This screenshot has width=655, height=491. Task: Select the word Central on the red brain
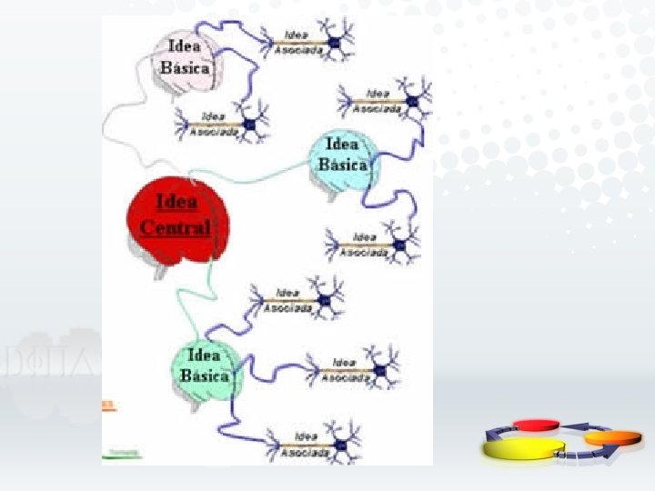[176, 227]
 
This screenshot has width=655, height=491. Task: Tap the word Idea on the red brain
[176, 202]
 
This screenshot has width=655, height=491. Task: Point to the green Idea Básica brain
[205, 368]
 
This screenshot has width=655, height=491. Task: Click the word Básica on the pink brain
[185, 68]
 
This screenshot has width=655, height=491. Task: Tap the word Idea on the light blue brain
[342, 145]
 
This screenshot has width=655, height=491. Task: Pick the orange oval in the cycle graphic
[604, 437]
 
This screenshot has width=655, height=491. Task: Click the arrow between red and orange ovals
[579, 426]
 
